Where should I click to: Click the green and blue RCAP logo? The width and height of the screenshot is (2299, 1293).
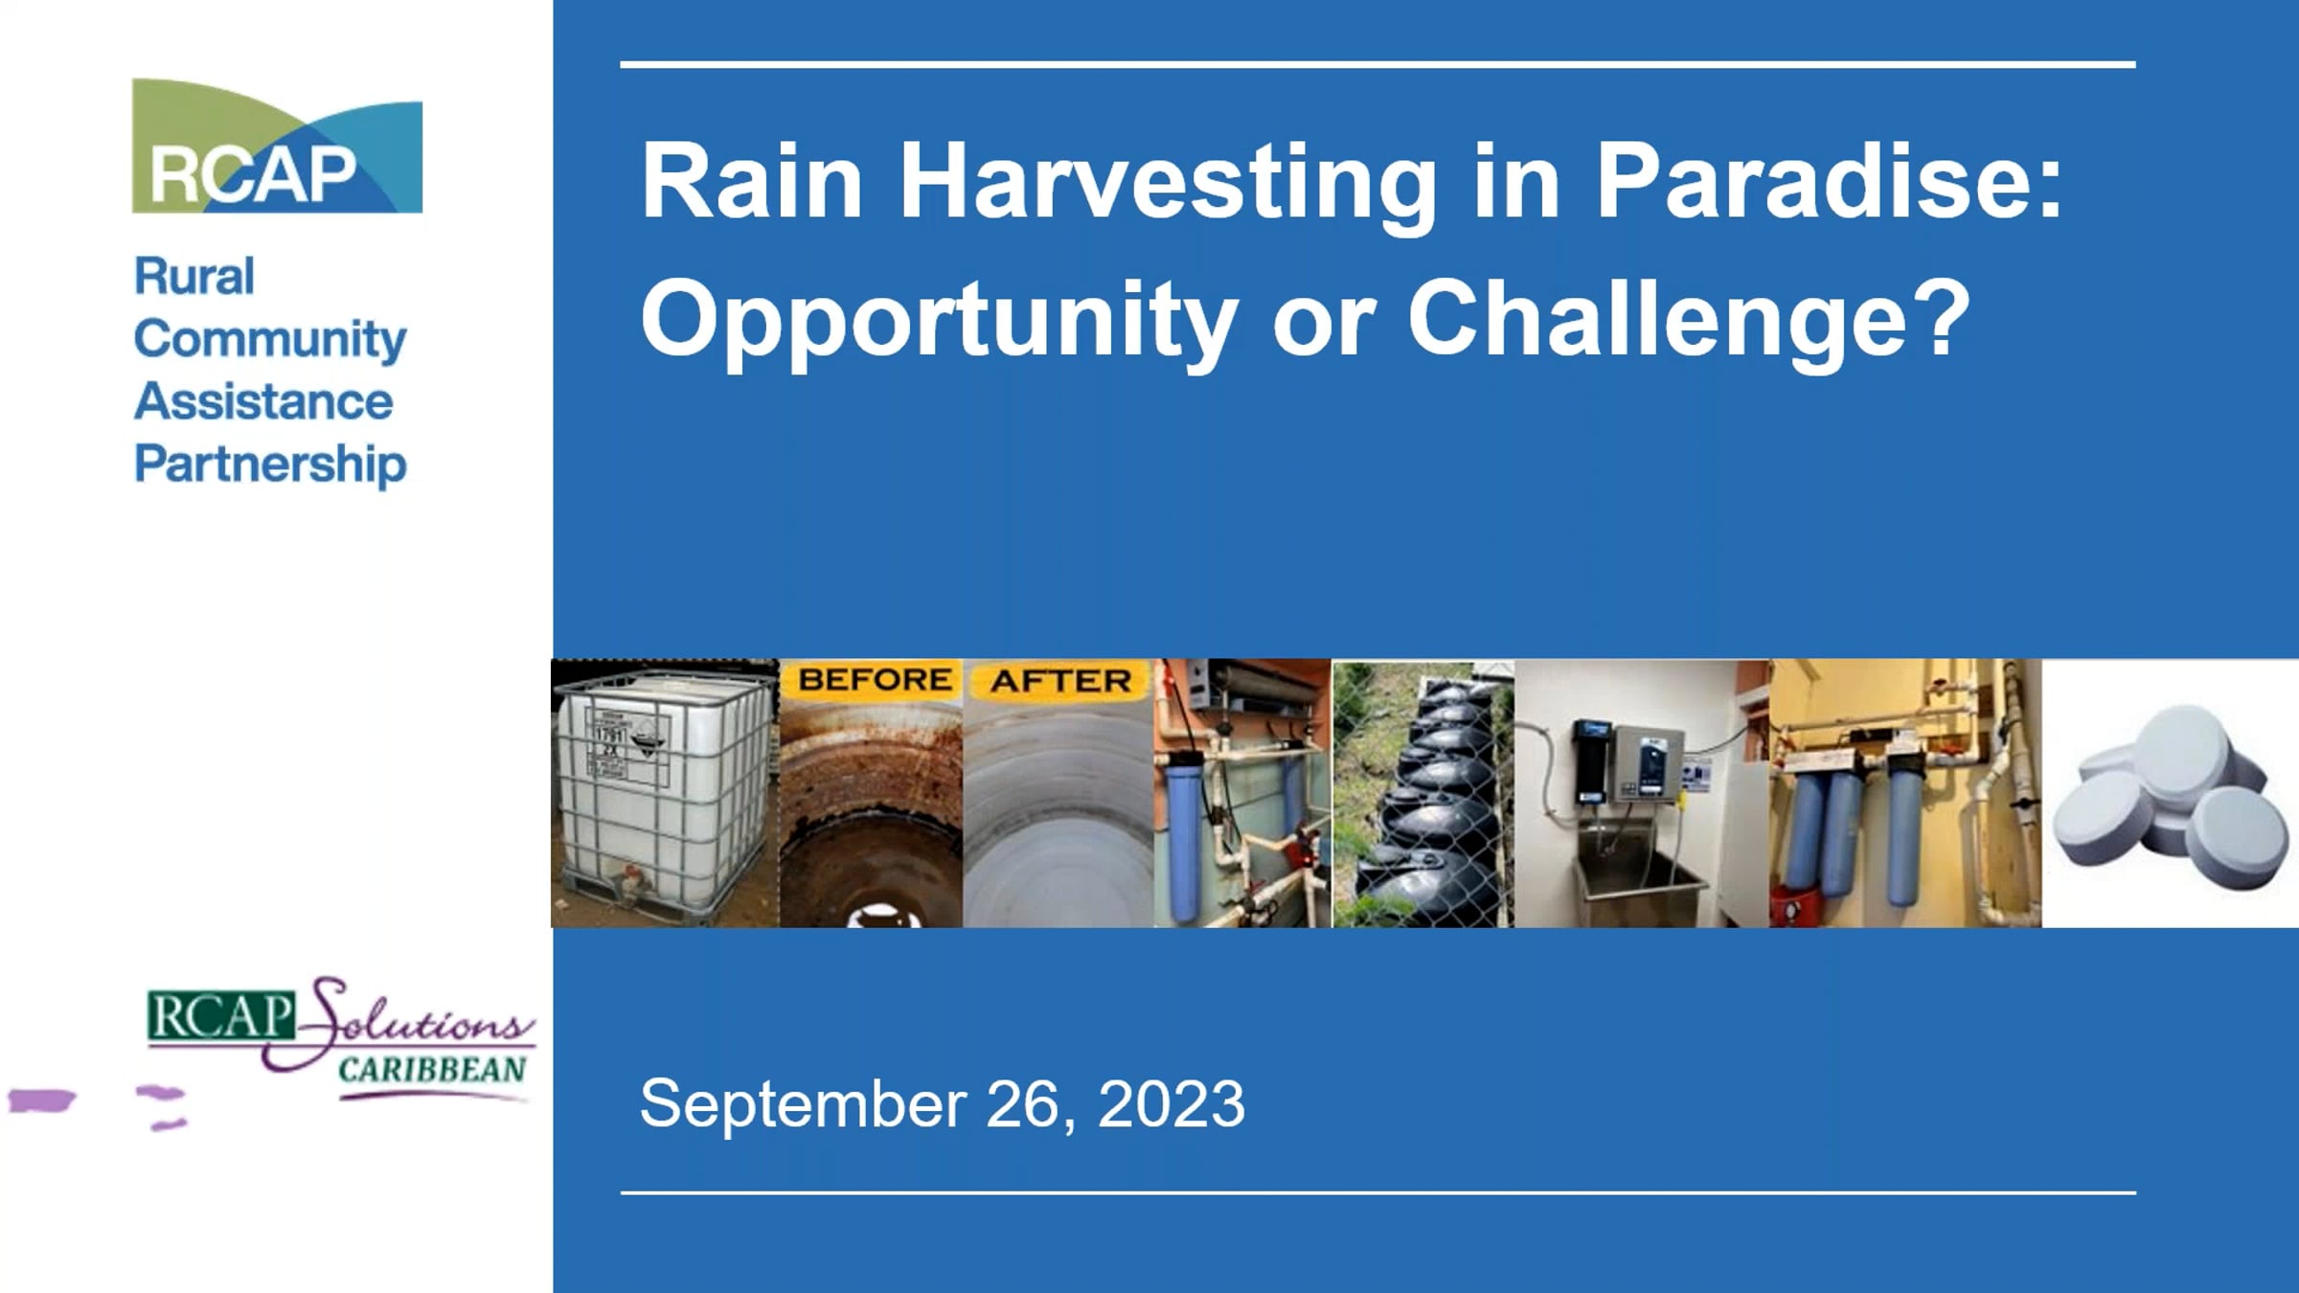click(277, 146)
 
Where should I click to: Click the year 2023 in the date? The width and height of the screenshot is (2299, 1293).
click(1171, 1103)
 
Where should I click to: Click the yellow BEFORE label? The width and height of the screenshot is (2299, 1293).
click(875, 680)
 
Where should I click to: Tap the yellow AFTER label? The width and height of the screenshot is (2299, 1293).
click(1060, 681)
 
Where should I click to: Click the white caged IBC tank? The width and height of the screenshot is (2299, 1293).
click(665, 794)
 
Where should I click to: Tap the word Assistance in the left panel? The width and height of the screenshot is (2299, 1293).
click(263, 401)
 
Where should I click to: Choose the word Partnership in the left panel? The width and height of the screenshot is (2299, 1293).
click(270, 465)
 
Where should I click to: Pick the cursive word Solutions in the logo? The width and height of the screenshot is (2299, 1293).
click(412, 1021)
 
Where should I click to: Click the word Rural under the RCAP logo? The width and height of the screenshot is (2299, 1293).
click(194, 277)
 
